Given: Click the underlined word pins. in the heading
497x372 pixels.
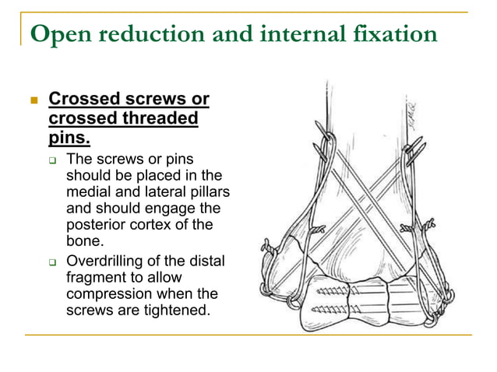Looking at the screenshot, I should tap(69, 139).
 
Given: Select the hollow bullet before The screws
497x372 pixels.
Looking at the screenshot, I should tap(53, 159).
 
